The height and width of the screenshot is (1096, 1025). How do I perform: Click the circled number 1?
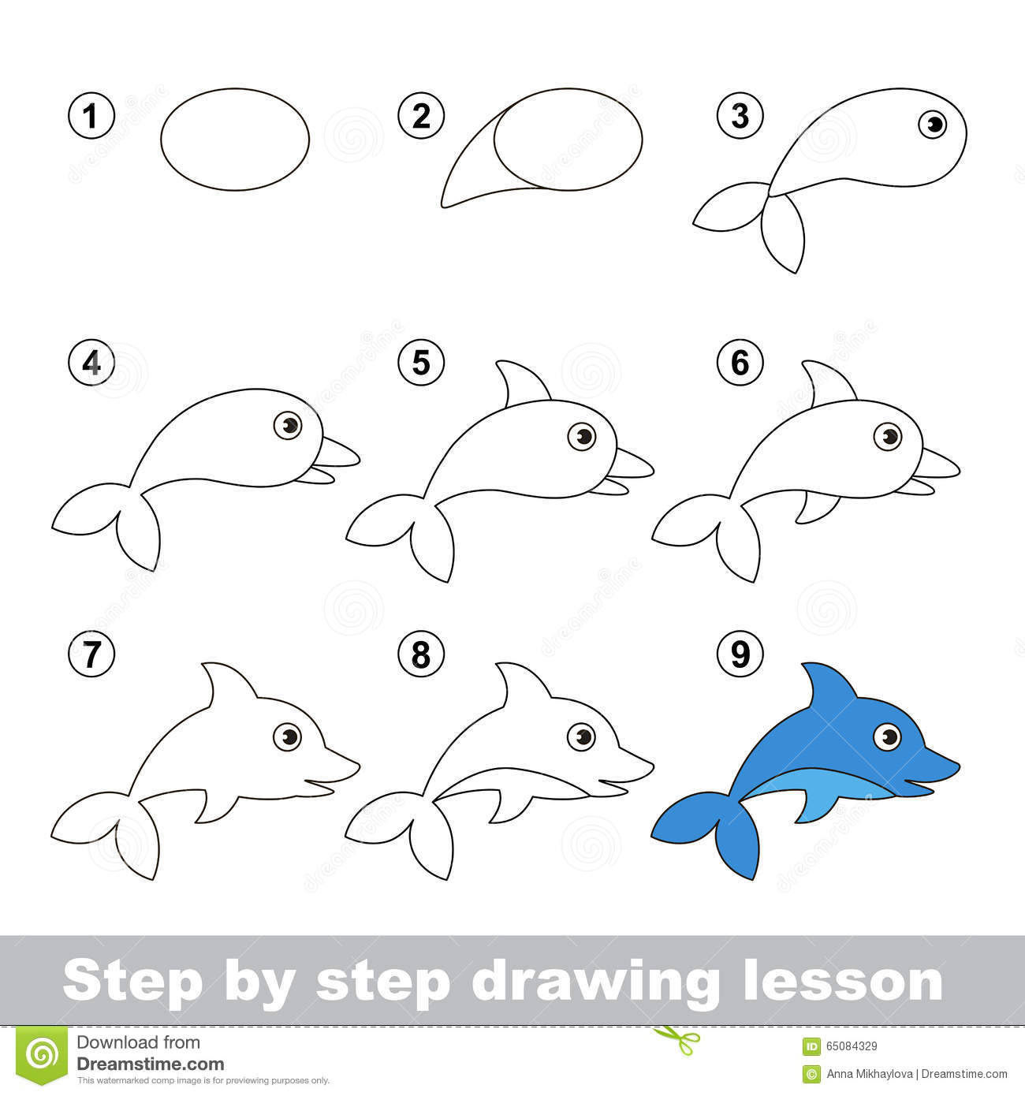pyautogui.click(x=91, y=117)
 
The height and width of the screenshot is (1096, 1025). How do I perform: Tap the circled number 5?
pyautogui.click(x=421, y=363)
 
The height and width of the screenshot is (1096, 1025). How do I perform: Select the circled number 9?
pyautogui.click(x=740, y=654)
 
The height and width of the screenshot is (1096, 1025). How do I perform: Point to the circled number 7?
pyautogui.click(x=91, y=654)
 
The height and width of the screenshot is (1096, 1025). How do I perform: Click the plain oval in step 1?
pyautogui.click(x=235, y=139)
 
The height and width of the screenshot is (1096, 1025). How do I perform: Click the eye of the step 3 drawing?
pyautogui.click(x=934, y=124)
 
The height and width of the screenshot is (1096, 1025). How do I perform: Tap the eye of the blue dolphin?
pyautogui.click(x=888, y=737)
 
